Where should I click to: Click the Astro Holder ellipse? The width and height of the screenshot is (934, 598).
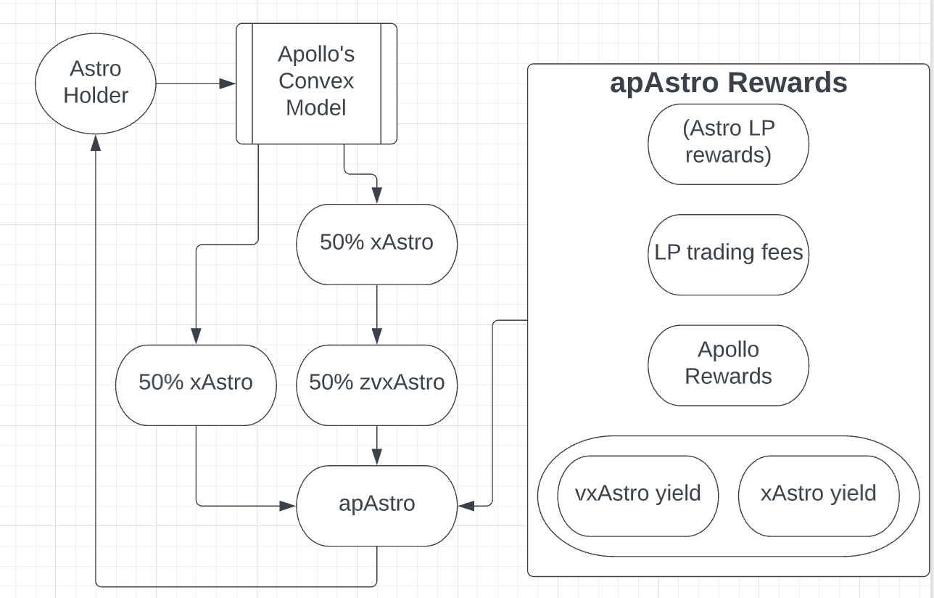click(96, 83)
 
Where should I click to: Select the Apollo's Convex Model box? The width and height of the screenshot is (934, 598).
click(316, 83)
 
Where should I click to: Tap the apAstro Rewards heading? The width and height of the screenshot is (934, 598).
click(729, 83)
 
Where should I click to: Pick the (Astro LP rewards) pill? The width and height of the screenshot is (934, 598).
click(729, 144)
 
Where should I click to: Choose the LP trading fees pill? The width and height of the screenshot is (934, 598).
click(729, 255)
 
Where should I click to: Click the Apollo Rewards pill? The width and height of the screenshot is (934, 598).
click(729, 365)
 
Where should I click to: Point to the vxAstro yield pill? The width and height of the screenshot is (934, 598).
click(638, 496)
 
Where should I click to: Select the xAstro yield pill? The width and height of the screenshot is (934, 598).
click(819, 496)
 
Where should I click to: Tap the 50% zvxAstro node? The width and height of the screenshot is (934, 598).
click(377, 385)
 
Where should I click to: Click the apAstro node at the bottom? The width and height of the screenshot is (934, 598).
click(377, 506)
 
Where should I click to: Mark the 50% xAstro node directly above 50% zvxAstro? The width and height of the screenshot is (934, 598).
click(377, 244)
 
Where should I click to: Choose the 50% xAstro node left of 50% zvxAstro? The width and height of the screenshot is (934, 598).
click(196, 385)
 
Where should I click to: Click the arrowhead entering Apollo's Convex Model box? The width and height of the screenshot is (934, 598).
click(228, 83)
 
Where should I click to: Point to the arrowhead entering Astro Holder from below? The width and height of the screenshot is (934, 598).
click(96, 143)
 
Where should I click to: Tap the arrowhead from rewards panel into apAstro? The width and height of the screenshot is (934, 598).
click(466, 506)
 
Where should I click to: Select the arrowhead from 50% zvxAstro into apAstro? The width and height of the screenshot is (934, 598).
click(377, 457)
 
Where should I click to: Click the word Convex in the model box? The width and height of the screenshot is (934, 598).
click(316, 81)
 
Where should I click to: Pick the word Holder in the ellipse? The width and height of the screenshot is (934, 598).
click(96, 95)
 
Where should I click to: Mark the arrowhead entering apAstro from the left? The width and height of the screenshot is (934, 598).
click(288, 506)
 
